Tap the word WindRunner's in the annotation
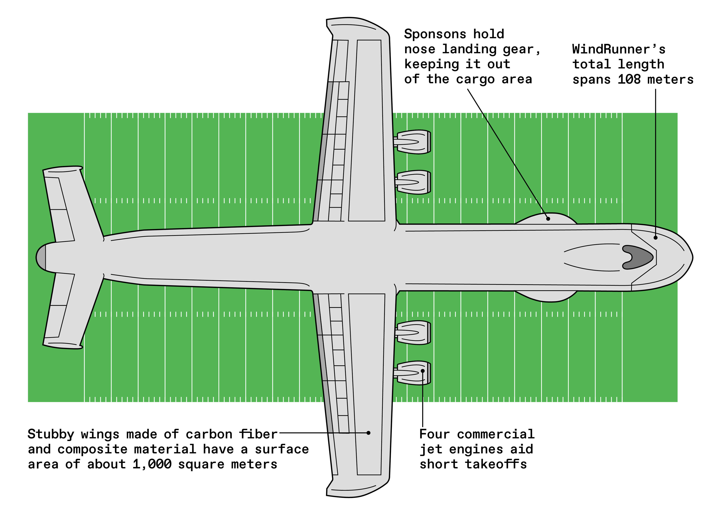click(618, 49)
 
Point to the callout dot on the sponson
click(548, 219)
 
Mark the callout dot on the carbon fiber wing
click(369, 433)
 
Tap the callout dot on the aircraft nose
click(655, 238)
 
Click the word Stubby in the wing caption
click(51, 434)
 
